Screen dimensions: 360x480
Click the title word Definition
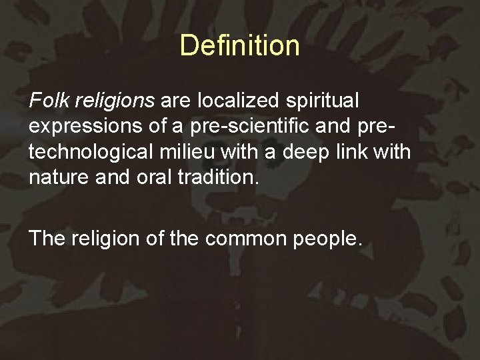coord(239,46)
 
